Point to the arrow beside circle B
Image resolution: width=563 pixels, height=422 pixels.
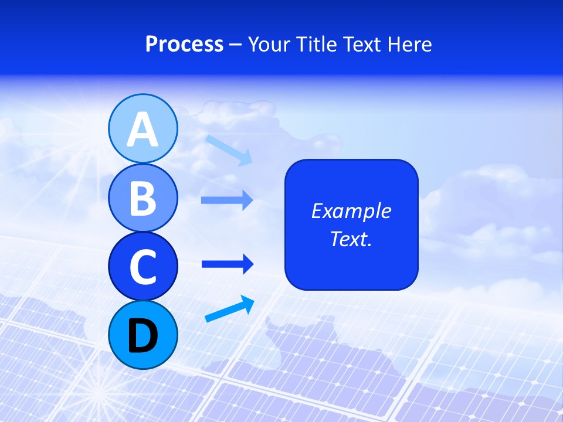click(x=227, y=200)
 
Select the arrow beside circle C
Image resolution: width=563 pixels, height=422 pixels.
click(x=227, y=264)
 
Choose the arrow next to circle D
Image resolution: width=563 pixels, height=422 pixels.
click(x=229, y=309)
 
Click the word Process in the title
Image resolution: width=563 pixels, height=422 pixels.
click(x=184, y=45)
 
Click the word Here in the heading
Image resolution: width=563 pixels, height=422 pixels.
click(x=408, y=45)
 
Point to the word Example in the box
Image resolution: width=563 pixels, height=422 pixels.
click(x=351, y=211)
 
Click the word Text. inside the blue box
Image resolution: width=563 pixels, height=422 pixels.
click(x=351, y=239)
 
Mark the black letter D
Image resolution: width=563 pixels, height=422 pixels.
click(x=143, y=336)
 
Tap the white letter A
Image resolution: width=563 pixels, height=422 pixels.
click(x=143, y=130)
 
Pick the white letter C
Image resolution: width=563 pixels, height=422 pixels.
click(x=143, y=267)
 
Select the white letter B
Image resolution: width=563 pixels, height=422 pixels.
click(x=143, y=198)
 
